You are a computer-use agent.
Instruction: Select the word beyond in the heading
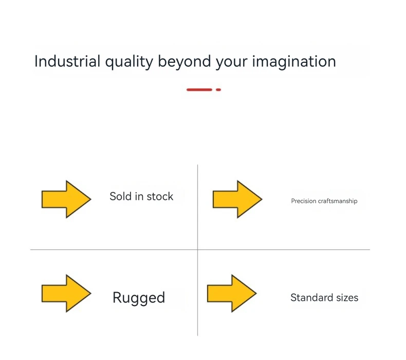pos(184,62)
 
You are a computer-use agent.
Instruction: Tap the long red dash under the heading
pos(199,89)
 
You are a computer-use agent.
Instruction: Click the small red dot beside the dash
pos(218,89)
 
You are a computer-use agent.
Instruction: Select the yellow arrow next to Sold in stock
pos(66,199)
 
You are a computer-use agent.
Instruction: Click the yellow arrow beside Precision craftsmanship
pos(237,199)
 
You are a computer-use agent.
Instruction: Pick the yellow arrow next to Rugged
pos(66,293)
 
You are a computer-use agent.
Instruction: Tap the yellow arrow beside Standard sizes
pos(231,293)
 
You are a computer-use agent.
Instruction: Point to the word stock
pos(160,196)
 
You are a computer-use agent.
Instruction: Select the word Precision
pos(304,201)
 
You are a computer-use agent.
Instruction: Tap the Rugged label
pos(139,298)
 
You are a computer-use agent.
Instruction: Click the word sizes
pos(345,297)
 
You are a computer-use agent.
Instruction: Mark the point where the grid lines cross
pos(197,249)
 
